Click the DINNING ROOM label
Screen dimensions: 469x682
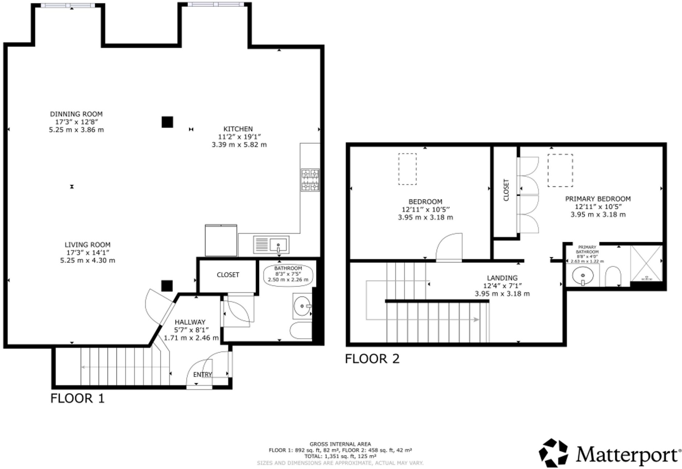tap(76, 114)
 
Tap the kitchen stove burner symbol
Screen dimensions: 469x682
tap(310, 180)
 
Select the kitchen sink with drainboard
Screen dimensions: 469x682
tap(271, 244)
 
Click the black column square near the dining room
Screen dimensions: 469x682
tap(167, 122)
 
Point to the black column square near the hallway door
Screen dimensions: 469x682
tap(167, 286)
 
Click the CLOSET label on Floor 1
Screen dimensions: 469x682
tap(228, 275)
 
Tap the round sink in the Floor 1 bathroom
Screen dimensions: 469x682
tap(302, 306)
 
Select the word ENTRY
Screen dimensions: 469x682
tap(202, 375)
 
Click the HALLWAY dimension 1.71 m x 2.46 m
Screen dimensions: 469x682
tap(191, 338)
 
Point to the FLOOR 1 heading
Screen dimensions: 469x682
tap(77, 399)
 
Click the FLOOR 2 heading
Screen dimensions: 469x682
tap(372, 359)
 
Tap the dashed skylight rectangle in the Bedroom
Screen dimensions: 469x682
tap(407, 169)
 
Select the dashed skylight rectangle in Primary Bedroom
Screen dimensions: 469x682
tap(560, 170)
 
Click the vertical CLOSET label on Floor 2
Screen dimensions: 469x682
tap(506, 190)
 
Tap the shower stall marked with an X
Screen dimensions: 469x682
tap(646, 263)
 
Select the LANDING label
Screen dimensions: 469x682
tap(502, 278)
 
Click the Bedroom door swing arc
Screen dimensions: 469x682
tap(450, 247)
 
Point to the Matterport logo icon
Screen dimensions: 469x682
tap(553, 453)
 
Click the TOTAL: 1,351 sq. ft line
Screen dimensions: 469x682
tap(340, 456)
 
